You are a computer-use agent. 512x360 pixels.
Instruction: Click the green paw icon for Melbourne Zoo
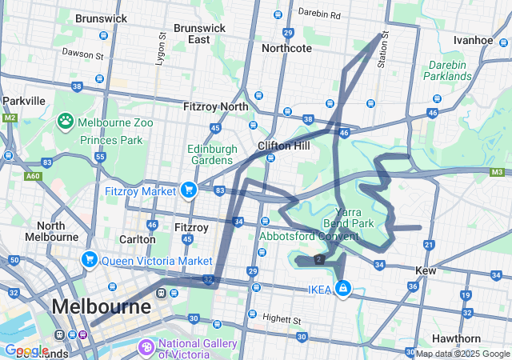point(66,121)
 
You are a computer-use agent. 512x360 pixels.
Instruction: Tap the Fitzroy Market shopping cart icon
point(189,190)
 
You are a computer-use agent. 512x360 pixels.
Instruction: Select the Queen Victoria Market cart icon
point(89,259)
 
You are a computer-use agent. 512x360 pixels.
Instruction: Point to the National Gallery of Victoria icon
point(146,346)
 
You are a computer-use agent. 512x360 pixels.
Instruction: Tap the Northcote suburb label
point(286,48)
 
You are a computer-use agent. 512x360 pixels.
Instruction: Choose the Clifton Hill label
point(278,146)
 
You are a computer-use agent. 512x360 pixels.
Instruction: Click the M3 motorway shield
point(498,171)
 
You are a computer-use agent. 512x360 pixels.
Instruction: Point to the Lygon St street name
point(162,48)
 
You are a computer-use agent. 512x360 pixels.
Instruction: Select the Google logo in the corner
point(26,350)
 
